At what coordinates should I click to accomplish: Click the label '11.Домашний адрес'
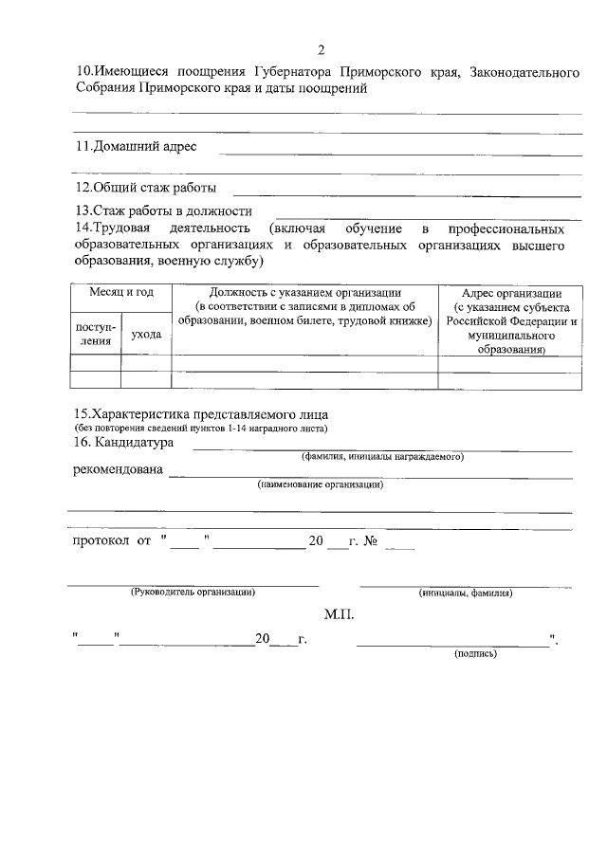tap(136, 147)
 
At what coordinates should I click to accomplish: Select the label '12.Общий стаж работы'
tap(146, 187)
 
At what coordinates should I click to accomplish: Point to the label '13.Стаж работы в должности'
tap(163, 210)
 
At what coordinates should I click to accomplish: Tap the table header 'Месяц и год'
tap(121, 293)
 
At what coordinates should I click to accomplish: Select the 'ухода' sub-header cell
tap(146, 334)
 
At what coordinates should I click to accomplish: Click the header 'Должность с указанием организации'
tap(304, 293)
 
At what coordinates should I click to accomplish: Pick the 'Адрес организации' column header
tap(510, 293)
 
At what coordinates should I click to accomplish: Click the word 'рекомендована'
tap(117, 470)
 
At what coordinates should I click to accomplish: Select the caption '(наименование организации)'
tap(321, 484)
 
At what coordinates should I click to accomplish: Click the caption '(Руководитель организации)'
tap(193, 593)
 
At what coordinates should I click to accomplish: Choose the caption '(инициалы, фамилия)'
tap(466, 593)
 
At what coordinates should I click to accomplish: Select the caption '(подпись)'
tap(476, 653)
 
